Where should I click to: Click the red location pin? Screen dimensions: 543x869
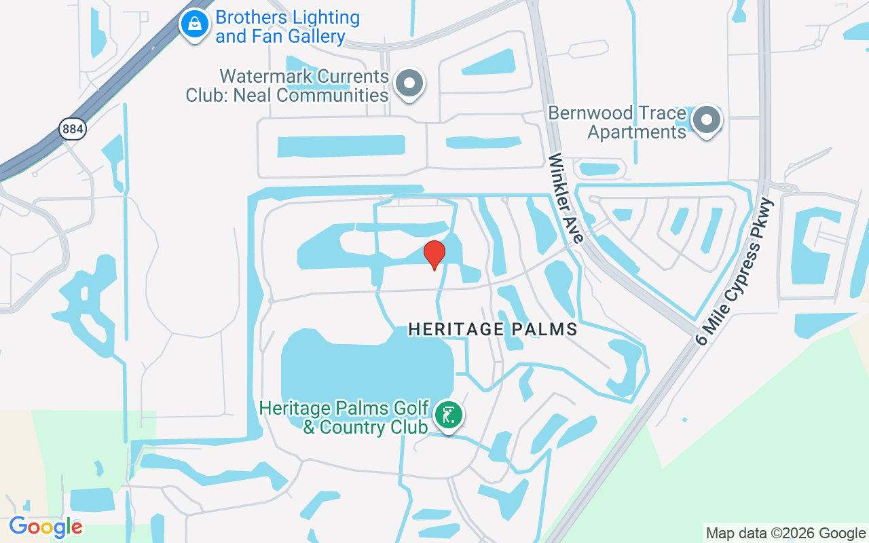point(434,255)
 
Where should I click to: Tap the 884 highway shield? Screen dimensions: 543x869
point(73,128)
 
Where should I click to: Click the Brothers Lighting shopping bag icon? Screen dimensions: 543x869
point(195,25)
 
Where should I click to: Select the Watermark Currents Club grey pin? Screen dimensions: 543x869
point(409,84)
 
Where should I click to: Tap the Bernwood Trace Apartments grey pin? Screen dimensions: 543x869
point(707,121)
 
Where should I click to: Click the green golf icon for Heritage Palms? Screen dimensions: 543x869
point(448,415)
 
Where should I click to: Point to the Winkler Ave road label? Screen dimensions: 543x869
point(566,198)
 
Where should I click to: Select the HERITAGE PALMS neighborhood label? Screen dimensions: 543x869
point(493,330)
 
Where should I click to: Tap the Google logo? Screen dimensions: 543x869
point(45,526)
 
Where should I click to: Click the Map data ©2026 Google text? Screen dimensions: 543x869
point(785,533)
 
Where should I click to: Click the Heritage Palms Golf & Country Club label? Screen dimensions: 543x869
point(345,417)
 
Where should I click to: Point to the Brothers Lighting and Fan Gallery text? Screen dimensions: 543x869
point(287,27)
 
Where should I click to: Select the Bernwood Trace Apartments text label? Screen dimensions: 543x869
point(618,122)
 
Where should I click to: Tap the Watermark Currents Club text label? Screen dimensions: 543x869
point(287,86)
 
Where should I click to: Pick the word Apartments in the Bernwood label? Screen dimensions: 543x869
point(637,132)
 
